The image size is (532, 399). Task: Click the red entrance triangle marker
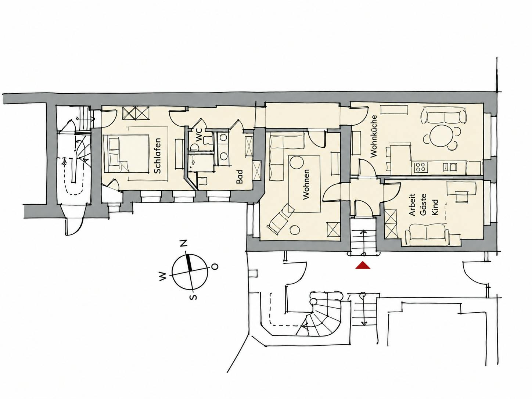[363, 265]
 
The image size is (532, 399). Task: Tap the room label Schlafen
[157, 156]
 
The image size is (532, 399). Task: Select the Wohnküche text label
[374, 136]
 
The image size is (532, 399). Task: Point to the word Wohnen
[306, 184]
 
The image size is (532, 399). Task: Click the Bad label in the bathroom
[240, 177]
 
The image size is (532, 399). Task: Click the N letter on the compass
[184, 243]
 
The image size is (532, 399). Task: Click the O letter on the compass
[215, 267]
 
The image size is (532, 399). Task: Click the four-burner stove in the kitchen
[421, 167]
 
